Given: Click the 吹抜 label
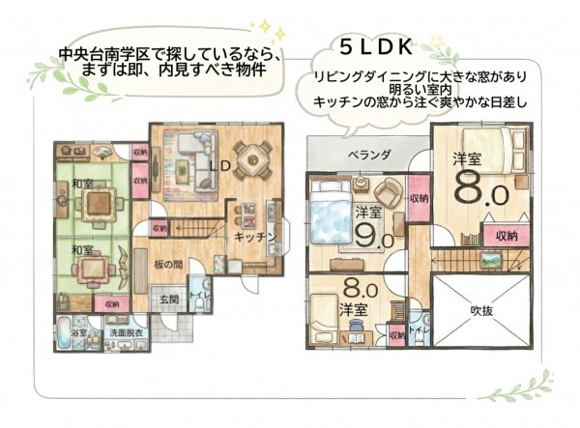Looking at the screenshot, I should point(481,311).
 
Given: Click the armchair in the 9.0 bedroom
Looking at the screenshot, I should point(387,190).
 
